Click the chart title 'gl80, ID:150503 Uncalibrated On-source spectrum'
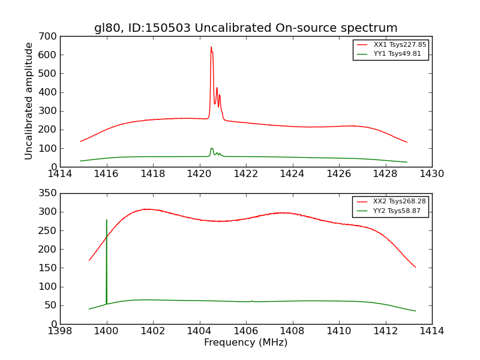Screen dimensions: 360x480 coord(245,28)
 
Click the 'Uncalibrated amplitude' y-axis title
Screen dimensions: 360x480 coord(29,101)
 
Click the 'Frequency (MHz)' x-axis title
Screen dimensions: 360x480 coord(245,343)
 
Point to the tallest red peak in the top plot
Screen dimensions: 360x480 coord(211,47)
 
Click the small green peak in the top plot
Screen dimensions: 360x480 coord(211,148)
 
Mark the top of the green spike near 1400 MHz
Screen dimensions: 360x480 coord(107,220)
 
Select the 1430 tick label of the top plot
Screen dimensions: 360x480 coord(431,174)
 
